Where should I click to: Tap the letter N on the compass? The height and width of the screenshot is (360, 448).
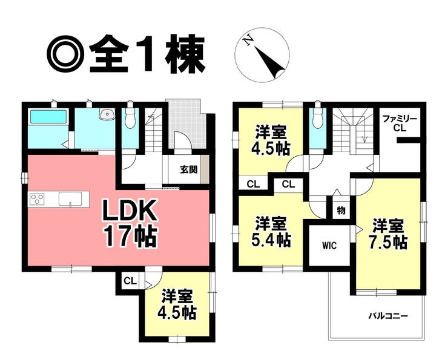248,41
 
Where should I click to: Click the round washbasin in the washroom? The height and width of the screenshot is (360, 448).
108,114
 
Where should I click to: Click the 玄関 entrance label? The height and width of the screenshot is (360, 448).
188,170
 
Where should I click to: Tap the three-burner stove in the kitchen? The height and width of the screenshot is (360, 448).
37,199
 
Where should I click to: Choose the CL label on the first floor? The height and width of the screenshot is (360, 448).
129,281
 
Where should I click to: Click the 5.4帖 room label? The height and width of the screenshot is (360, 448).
269,240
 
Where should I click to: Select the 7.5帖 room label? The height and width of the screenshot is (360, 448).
388,241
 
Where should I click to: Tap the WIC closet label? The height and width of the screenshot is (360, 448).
329,246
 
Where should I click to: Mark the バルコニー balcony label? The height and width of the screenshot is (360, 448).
388,316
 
